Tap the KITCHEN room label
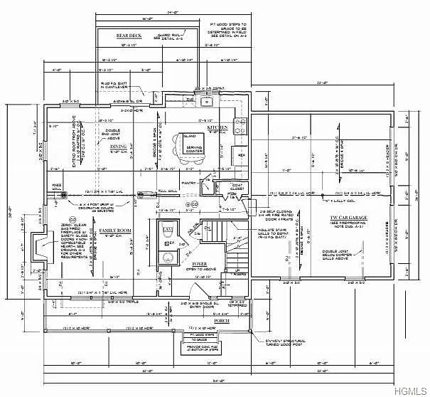217,127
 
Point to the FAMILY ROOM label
114,231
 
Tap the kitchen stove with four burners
241,128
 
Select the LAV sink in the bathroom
168,232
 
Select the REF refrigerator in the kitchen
240,154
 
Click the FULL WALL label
167,191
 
